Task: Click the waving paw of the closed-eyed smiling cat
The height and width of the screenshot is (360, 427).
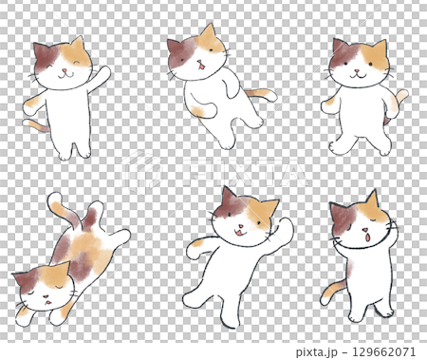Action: point(103,72)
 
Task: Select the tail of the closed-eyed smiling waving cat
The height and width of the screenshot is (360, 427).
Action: point(33,123)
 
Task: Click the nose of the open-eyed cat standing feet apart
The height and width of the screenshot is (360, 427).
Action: point(358,70)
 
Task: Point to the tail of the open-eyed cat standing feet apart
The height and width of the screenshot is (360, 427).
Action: point(401,98)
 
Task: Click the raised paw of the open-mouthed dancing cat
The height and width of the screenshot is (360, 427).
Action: point(286,226)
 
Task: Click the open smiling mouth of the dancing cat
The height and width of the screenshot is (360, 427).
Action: point(240,232)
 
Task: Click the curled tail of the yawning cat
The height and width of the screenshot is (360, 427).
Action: point(330,289)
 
